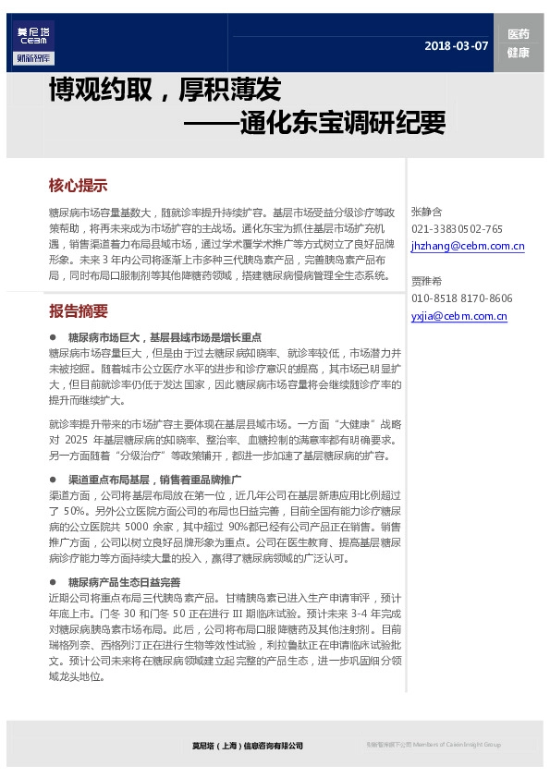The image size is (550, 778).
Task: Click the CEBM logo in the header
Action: tap(34, 43)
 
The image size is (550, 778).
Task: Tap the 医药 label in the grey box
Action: tap(518, 34)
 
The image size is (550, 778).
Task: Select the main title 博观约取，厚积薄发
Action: tap(165, 91)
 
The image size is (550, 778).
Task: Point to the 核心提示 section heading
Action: tap(78, 185)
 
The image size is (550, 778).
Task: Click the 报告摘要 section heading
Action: tap(78, 310)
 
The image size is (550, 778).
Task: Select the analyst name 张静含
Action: tap(427, 212)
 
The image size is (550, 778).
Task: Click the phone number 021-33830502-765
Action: tap(457, 229)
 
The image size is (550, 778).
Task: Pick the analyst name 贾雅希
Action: tap(427, 281)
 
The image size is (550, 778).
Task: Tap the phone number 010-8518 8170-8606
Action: tap(461, 298)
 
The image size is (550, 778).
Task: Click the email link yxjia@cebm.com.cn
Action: tap(458, 316)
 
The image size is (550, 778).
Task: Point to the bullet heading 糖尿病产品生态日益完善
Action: tap(124, 582)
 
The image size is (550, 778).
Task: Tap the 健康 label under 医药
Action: tap(518, 53)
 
